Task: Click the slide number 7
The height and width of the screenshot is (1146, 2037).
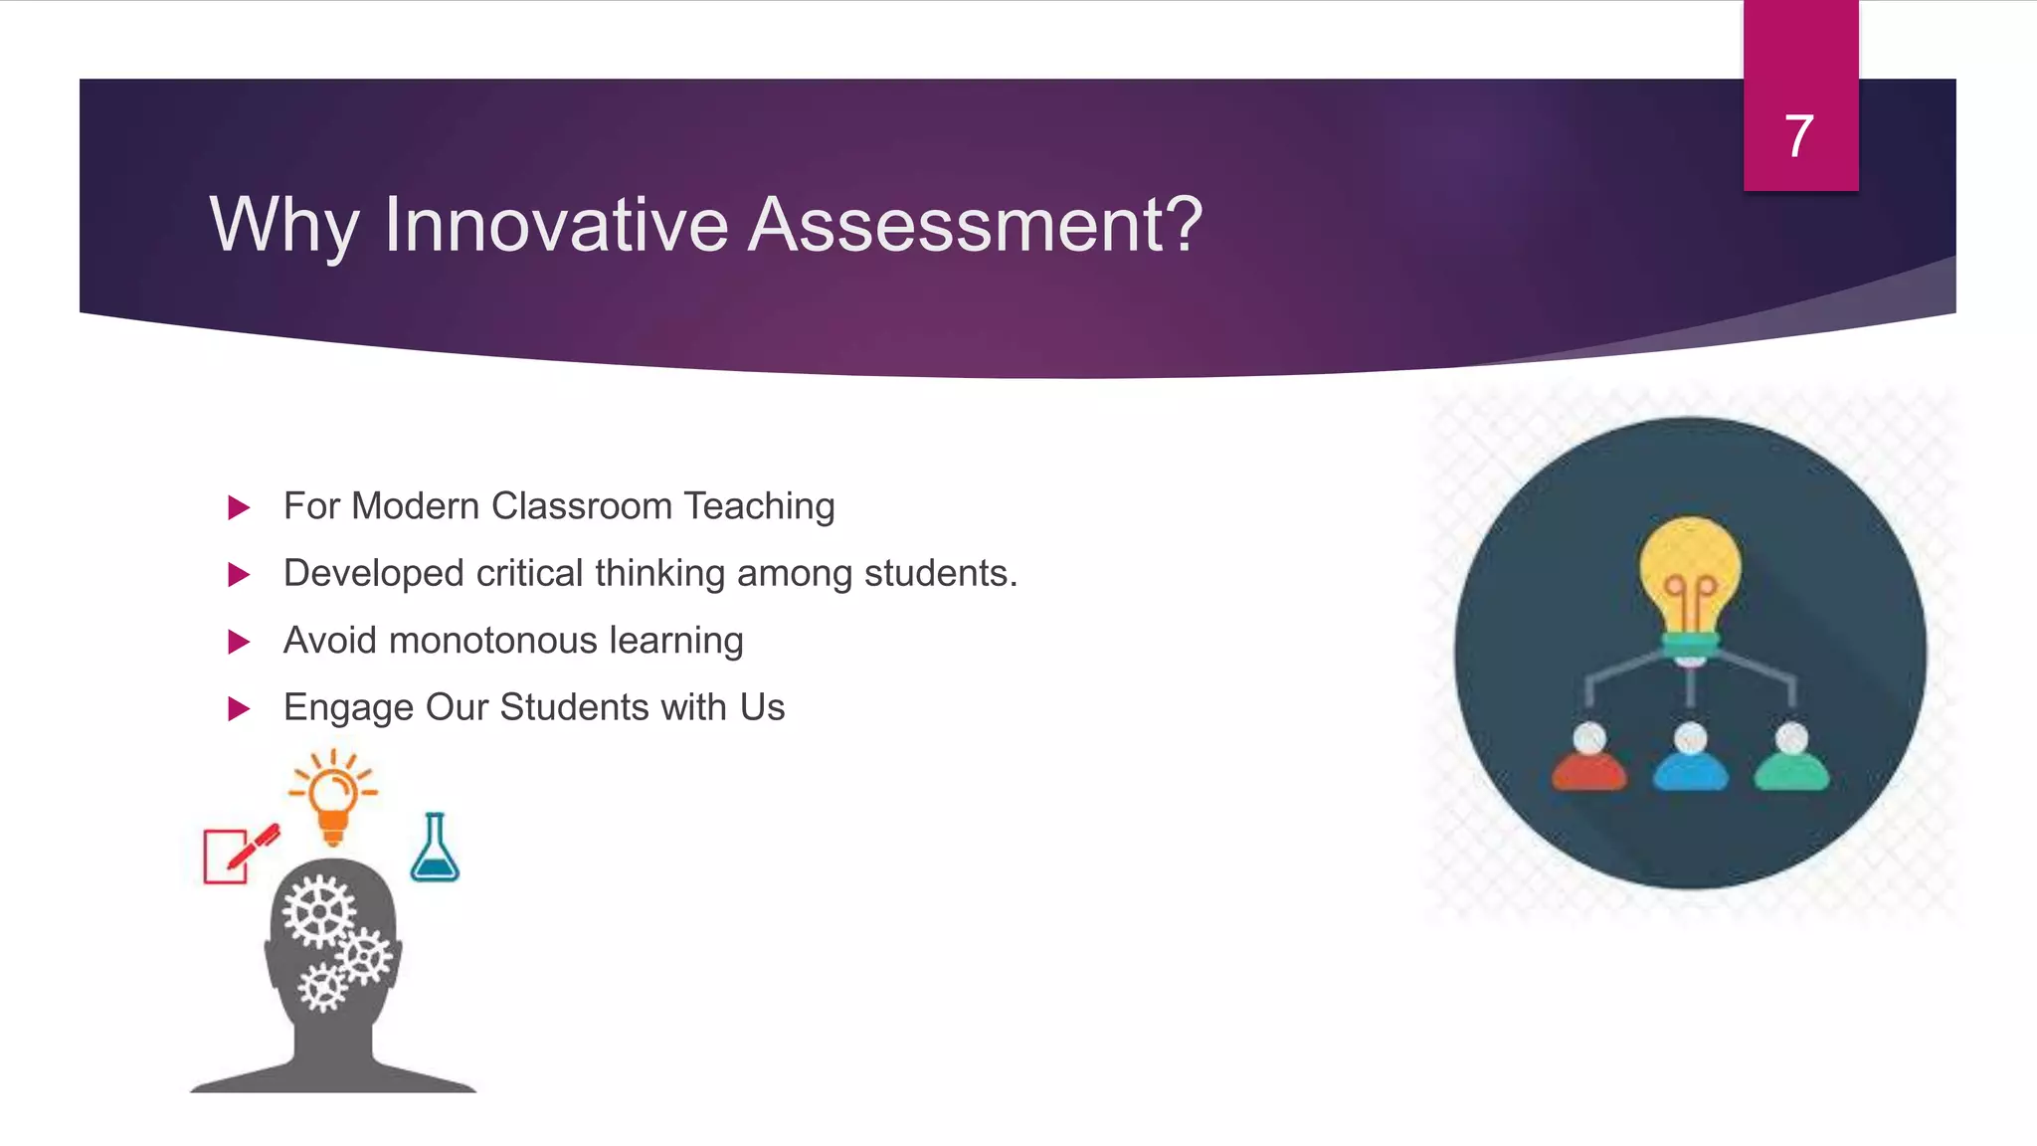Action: [1798, 136]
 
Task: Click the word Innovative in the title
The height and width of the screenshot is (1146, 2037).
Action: [557, 225]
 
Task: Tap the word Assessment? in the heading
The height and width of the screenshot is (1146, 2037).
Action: [975, 225]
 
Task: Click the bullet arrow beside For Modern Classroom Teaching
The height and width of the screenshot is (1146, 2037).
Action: [239, 508]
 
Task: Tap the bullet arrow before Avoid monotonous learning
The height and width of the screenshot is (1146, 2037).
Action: [239, 642]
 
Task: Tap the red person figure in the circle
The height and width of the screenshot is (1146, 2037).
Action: [1589, 760]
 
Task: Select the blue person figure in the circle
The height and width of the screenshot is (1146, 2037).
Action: [1691, 760]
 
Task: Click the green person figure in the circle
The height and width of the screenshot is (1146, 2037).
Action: [1791, 760]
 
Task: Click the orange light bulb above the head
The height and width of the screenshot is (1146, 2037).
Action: [333, 800]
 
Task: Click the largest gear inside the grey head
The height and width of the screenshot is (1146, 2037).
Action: [318, 911]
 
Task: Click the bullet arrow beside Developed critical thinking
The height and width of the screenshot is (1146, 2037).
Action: [239, 575]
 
